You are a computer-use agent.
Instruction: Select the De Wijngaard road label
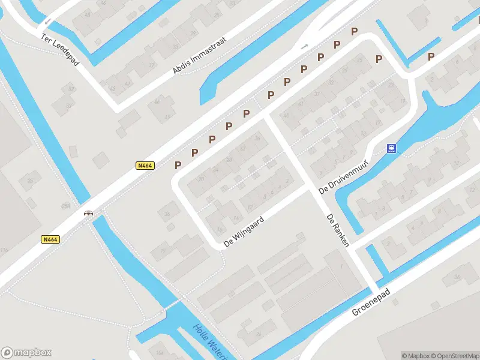(244, 232)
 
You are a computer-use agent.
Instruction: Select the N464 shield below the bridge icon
(50, 239)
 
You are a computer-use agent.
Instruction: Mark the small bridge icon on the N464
(89, 212)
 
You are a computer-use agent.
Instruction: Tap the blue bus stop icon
(391, 148)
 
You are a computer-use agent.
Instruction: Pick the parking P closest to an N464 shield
(178, 164)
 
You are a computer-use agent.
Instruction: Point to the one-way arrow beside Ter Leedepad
(47, 23)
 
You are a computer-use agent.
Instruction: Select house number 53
(71, 89)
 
